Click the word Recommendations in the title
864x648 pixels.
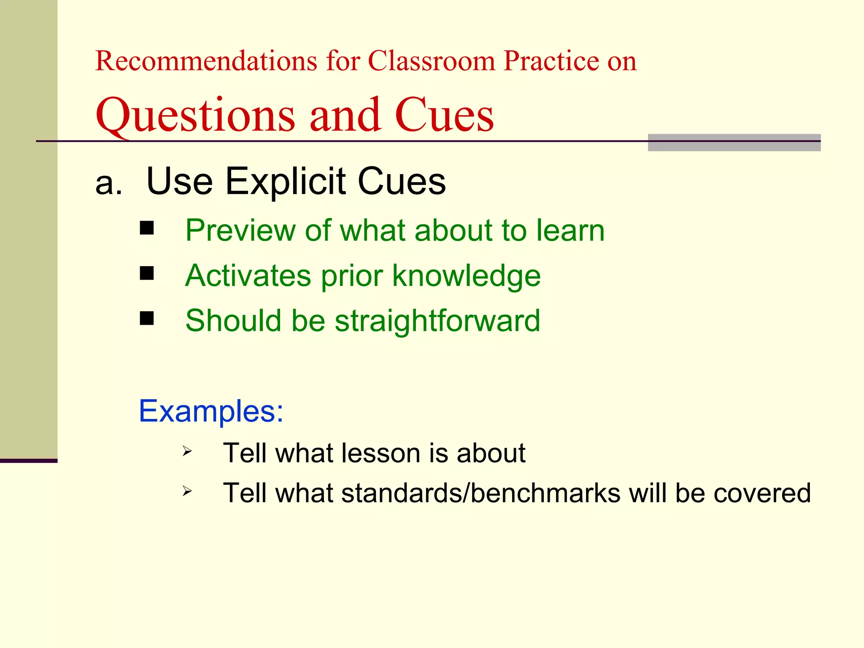pos(206,61)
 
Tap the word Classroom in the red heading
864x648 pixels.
pos(432,61)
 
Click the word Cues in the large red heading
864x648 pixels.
pos(444,115)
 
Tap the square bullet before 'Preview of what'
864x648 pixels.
pos(147,229)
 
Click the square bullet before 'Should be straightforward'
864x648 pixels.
pos(147,319)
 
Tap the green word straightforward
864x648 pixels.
pos(437,321)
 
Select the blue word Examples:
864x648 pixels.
pos(211,411)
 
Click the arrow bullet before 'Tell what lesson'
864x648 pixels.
pos(187,452)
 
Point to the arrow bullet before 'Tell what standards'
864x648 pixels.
pos(187,491)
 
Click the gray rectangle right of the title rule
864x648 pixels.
pos(734,143)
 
